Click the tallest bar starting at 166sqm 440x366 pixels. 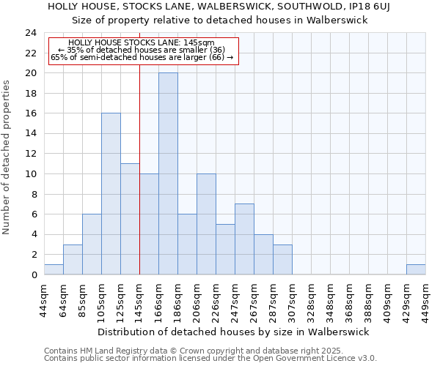168,173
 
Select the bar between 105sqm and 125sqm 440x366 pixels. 111,194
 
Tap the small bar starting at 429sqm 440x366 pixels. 416,269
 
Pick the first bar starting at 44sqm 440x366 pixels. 54,269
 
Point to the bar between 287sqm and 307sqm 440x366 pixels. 282,259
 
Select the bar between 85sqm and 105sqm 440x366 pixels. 92,244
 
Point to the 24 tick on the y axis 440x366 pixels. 30,33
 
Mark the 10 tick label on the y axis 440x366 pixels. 30,174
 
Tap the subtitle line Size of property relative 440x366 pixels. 220,20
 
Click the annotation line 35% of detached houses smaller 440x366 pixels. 142,50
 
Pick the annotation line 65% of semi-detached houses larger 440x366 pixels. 142,57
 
